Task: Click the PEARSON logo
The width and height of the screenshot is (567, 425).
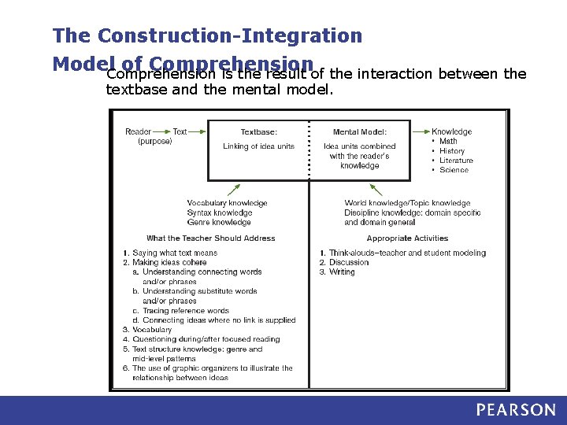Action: pos(515,410)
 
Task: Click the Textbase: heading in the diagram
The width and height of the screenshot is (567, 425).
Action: pos(258,132)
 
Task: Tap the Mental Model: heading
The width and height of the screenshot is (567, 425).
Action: pos(360,132)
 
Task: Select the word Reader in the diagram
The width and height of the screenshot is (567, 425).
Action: pos(138,132)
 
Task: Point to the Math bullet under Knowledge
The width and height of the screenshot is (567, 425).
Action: pos(447,142)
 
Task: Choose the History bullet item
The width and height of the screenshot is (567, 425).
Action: pos(451,151)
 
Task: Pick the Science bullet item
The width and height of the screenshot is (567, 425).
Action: pos(453,170)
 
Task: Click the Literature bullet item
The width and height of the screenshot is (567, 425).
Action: pos(455,161)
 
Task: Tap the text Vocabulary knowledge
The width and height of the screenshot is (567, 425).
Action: pos(227,203)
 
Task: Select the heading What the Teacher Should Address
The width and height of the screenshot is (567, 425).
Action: pos(210,238)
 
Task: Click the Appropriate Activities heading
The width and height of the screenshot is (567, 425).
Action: pos(407,238)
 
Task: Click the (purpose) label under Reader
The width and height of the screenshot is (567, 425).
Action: pos(154,142)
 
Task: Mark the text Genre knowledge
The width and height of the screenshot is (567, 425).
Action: pos(219,223)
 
